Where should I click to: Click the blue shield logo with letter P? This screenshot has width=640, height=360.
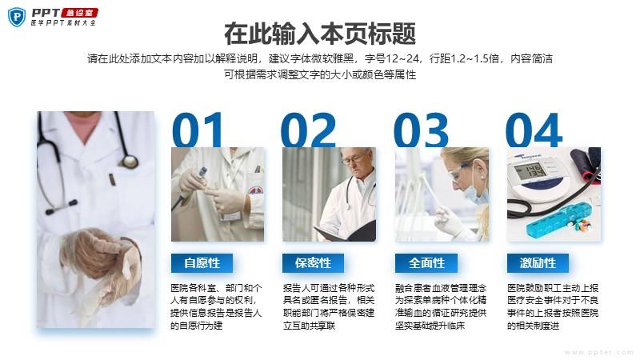(17, 17)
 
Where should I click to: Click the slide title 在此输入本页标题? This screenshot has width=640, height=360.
(320, 34)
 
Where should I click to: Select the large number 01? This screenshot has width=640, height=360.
(198, 130)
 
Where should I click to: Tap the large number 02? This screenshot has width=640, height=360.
(309, 130)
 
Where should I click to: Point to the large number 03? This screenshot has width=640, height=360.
(421, 130)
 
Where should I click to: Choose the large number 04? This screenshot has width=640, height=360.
(534, 130)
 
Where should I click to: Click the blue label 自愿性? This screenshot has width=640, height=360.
(202, 263)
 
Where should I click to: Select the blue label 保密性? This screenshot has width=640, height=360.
(313, 263)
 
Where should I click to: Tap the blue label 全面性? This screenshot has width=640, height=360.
(426, 263)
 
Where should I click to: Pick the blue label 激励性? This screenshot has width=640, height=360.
(538, 263)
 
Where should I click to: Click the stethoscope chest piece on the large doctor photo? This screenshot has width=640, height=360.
(130, 162)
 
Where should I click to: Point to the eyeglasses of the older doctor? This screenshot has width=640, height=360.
(354, 159)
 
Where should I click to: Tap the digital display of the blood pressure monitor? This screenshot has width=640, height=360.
(530, 170)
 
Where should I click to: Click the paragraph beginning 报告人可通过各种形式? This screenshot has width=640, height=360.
(329, 306)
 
